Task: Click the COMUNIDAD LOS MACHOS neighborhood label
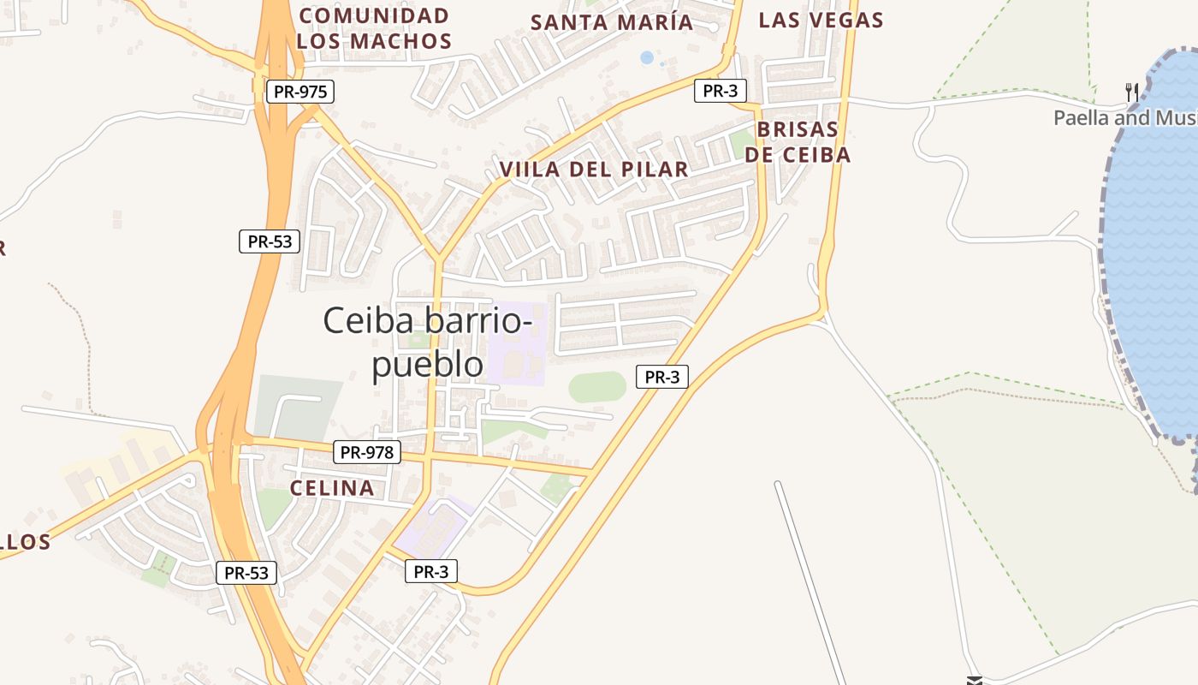(x=374, y=28)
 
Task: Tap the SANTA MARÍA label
(x=612, y=22)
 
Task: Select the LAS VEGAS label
(x=821, y=20)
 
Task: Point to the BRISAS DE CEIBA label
(x=798, y=142)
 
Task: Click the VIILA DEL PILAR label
(x=594, y=170)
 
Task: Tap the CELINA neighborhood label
(x=332, y=488)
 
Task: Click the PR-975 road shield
(x=299, y=92)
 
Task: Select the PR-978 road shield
(x=366, y=452)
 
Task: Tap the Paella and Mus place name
(x=1125, y=118)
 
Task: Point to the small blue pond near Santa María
(x=647, y=58)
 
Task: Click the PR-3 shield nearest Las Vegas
(x=720, y=91)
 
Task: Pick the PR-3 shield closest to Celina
(x=430, y=572)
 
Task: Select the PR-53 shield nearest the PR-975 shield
(x=270, y=241)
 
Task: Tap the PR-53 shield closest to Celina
(x=246, y=573)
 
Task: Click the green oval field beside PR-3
(x=597, y=387)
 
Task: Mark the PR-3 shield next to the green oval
(x=661, y=377)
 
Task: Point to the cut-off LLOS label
(x=26, y=542)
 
